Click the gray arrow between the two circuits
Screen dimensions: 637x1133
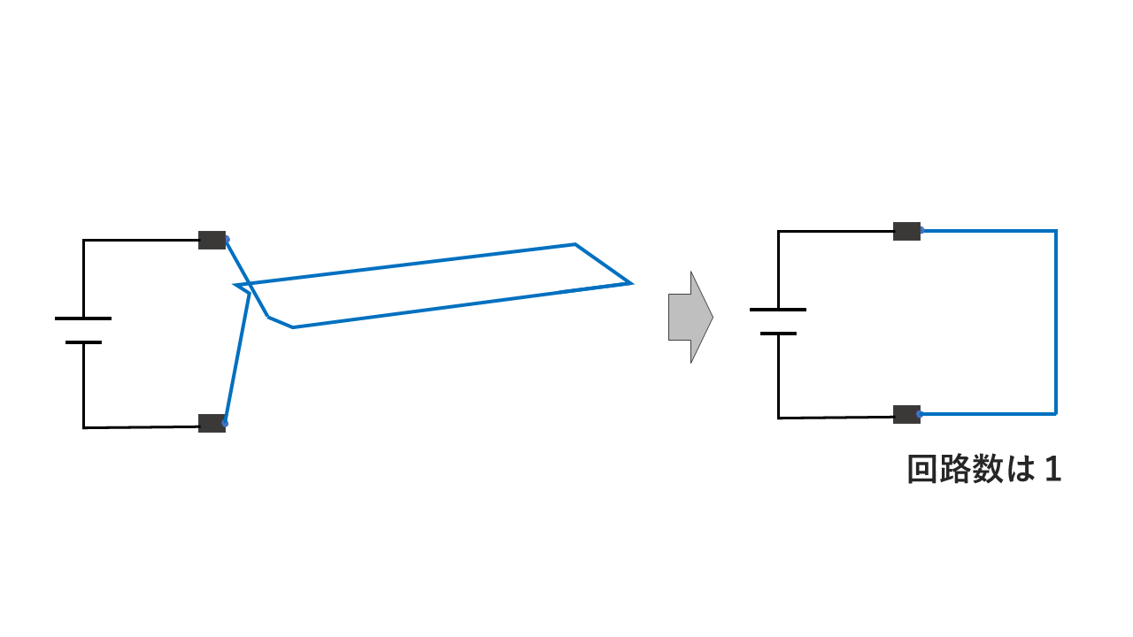[690, 317]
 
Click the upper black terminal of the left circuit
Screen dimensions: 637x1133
[212, 240]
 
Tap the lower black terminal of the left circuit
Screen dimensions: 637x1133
[212, 423]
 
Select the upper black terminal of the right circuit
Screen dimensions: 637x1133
[906, 232]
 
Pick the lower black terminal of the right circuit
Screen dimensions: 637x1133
[906, 414]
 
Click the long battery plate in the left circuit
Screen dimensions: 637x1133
[83, 318]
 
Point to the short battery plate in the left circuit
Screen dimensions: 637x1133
[83, 342]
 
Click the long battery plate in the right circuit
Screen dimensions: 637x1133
[778, 310]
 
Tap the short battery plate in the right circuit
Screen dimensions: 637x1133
[778, 334]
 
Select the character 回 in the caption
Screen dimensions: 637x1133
[923, 470]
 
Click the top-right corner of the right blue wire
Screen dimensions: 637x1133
[1056, 231]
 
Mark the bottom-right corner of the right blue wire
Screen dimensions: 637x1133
[1056, 413]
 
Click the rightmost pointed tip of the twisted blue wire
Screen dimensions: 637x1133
[630, 283]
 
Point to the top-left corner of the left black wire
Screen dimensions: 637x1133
[84, 240]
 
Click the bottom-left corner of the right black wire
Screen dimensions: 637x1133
[779, 418]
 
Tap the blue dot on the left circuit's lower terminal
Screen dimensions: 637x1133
[225, 424]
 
